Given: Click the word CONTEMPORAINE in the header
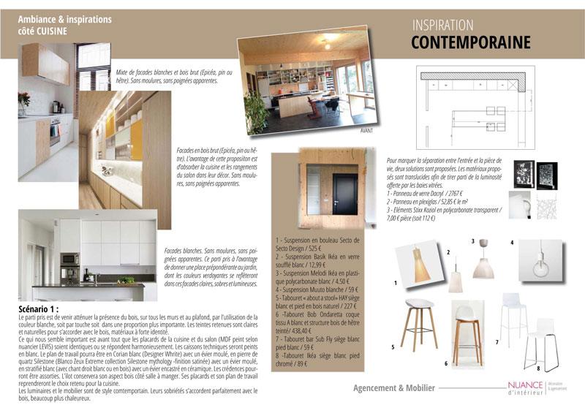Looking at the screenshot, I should (x=470, y=42).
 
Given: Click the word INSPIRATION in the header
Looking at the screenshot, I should (x=442, y=26).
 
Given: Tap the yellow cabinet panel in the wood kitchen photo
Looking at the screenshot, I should (x=136, y=137).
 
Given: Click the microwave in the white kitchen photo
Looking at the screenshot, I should (x=70, y=259).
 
